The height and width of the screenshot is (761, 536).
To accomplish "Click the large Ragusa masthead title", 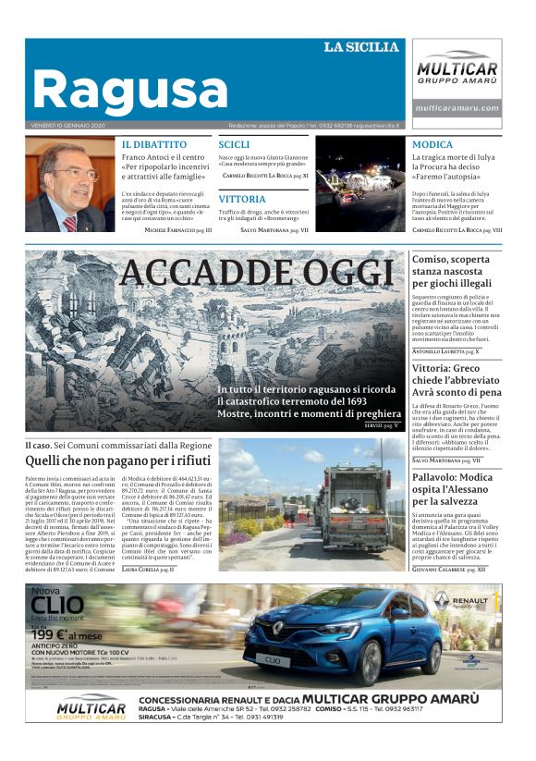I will point(129,89).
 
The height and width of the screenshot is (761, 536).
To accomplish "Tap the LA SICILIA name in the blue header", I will point(361,47).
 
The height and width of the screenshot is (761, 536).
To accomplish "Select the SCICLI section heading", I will point(234,145).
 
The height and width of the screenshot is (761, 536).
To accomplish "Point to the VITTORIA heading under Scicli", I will point(242,198).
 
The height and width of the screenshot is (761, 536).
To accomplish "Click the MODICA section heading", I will point(432,145).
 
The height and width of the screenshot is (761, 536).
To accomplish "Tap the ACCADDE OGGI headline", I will point(257,273).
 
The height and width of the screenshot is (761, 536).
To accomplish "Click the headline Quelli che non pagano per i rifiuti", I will point(118,460).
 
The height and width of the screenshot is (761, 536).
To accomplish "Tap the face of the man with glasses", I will point(75,176).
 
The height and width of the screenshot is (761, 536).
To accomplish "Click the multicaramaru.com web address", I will point(457,108).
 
